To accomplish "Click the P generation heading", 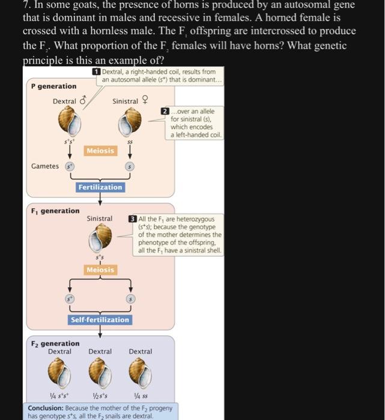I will tap(53, 86).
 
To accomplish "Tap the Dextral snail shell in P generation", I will tap(69, 124).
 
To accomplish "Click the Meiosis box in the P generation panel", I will tap(100, 151).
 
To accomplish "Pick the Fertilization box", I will tap(100, 187).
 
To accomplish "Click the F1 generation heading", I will tap(55, 211).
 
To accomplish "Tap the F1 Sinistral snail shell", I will tap(100, 238).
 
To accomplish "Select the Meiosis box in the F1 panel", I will tap(100, 270).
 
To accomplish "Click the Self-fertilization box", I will tap(100, 320).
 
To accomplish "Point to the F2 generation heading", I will tap(55, 343).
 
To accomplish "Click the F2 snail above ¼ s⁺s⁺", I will tap(59, 373).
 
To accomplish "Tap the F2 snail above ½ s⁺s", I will tap(100, 373).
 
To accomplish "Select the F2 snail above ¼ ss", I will tap(141, 373).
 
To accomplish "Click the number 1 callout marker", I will tap(96, 72).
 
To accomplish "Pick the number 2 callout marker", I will tap(165, 112).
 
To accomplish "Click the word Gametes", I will tap(46, 166).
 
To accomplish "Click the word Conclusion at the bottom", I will tap(47, 409).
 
